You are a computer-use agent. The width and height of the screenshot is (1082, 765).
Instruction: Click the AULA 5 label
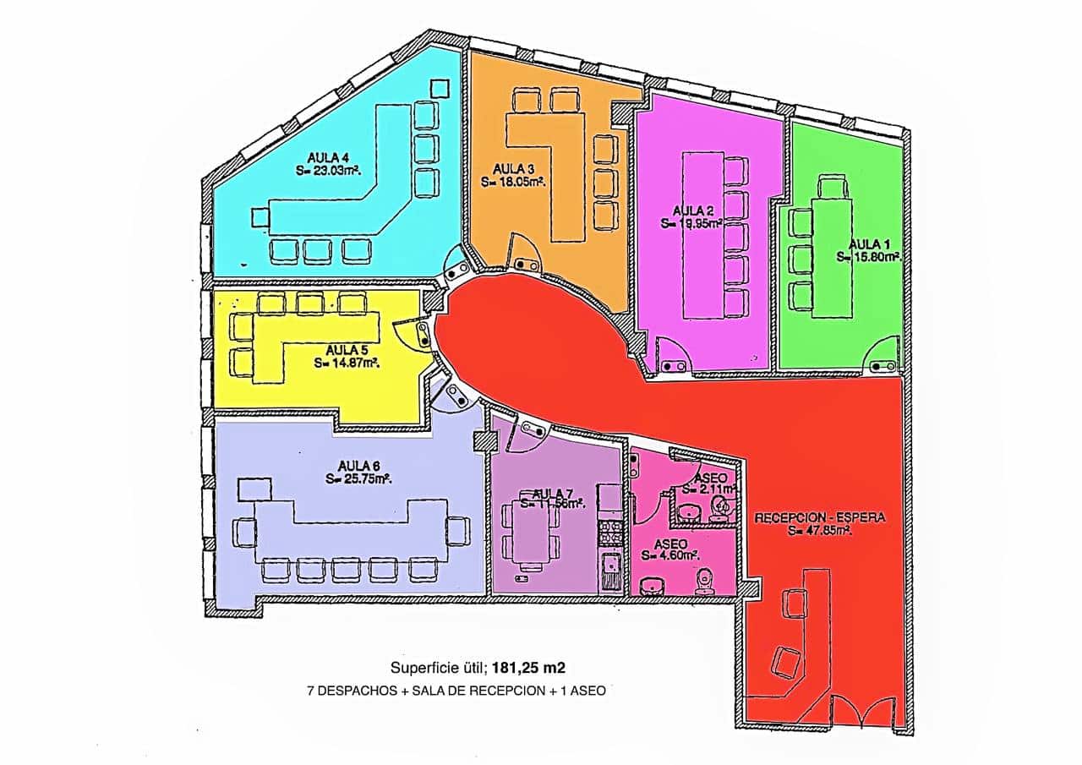(347, 350)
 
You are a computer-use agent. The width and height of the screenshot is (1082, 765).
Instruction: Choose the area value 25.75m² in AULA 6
(362, 478)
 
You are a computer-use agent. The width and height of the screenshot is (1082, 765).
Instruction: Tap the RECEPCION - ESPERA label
(820, 517)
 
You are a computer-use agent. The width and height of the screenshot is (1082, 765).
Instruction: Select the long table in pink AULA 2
(702, 235)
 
